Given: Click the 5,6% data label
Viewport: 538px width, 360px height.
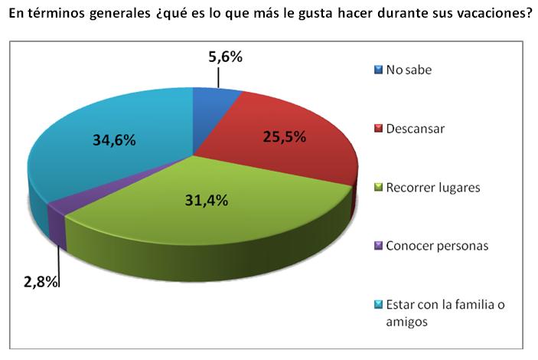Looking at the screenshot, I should [x=225, y=56].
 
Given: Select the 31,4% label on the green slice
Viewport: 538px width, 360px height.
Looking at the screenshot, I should [x=208, y=201].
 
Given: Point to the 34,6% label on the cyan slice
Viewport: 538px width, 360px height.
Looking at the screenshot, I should [x=114, y=140].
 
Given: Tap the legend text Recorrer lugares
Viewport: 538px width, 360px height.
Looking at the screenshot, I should [x=433, y=187].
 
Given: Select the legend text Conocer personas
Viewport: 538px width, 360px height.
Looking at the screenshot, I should [x=438, y=246].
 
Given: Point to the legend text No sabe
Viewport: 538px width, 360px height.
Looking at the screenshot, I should [x=409, y=70].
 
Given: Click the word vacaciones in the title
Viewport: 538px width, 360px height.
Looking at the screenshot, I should [x=493, y=15].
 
